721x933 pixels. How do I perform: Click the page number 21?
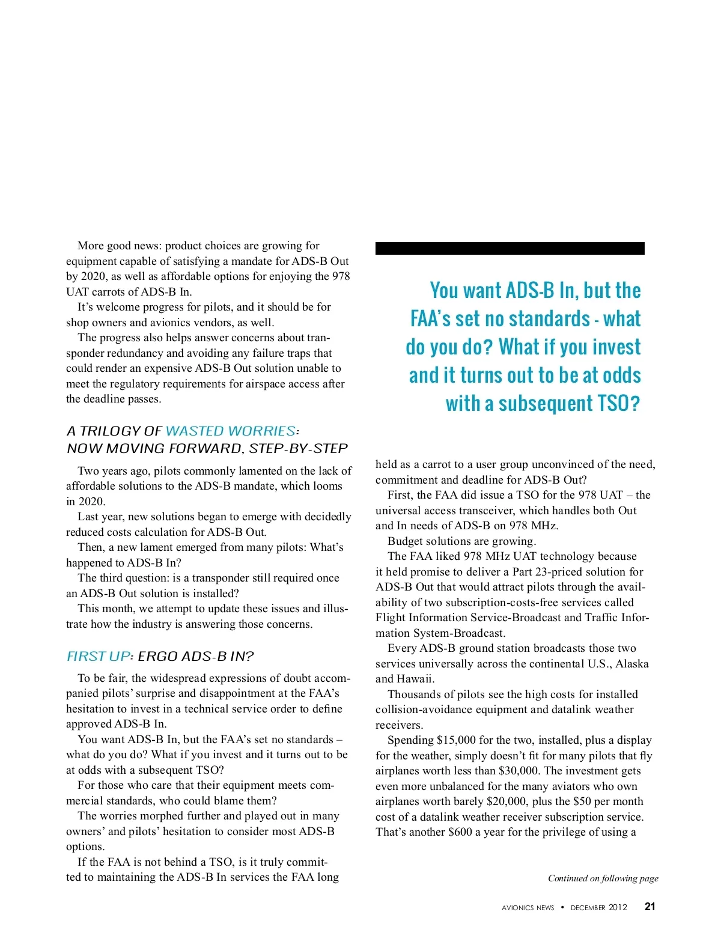pyautogui.click(x=650, y=907)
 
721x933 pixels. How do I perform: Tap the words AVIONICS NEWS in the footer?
pyautogui.click(x=528, y=908)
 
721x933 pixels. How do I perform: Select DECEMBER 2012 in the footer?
pyautogui.click(x=598, y=908)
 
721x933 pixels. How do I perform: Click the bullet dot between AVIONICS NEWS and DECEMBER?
pyautogui.click(x=562, y=907)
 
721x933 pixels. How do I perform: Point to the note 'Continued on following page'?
pyautogui.click(x=603, y=878)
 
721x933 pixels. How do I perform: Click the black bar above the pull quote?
pyautogui.click(x=510, y=248)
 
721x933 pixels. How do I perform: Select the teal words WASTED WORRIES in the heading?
pyautogui.click(x=231, y=431)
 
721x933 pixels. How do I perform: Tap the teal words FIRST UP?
pyautogui.click(x=98, y=656)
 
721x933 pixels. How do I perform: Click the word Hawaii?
pyautogui.click(x=415, y=679)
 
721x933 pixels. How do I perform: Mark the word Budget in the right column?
pyautogui.click(x=406, y=541)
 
